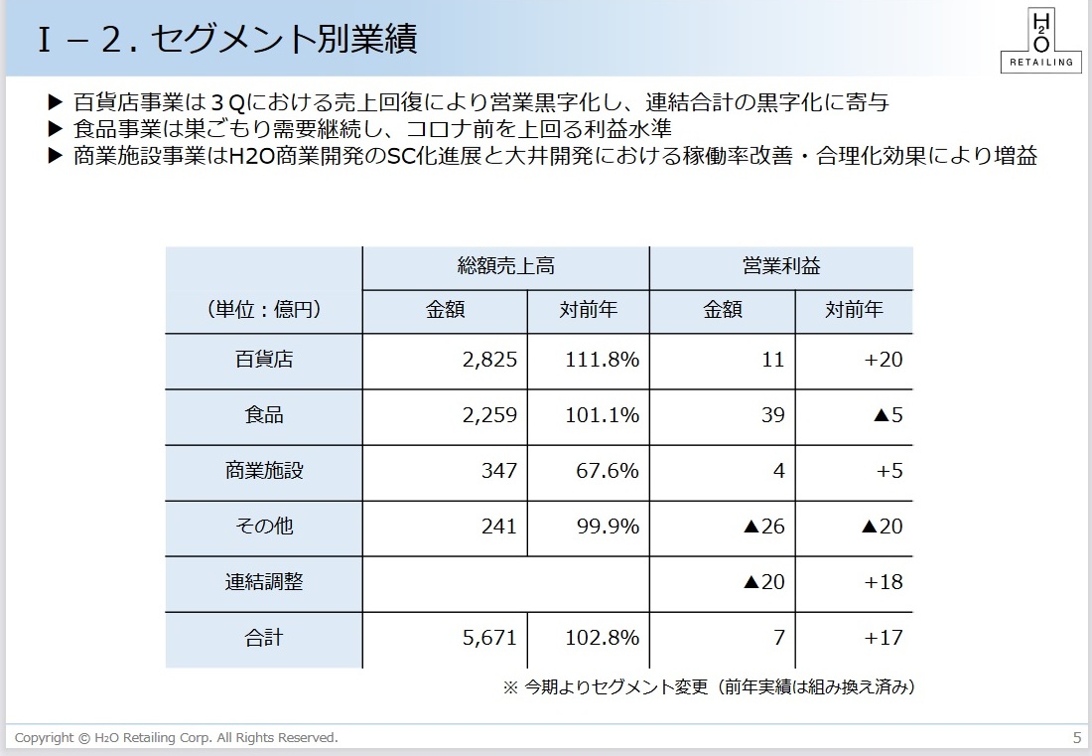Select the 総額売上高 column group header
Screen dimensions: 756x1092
click(x=505, y=266)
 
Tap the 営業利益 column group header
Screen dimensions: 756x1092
click(x=781, y=266)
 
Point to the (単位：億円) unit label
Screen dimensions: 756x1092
click(x=263, y=310)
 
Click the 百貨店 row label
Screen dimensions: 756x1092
click(x=263, y=360)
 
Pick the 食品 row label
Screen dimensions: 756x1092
click(x=263, y=415)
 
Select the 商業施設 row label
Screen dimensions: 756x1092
click(x=263, y=471)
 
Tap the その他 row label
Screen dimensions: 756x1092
click(x=263, y=527)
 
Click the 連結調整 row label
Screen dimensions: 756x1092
click(x=263, y=582)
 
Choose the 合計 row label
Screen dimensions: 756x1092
click(x=263, y=638)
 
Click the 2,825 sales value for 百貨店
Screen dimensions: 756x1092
click(x=489, y=360)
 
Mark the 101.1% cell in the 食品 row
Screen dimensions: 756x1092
click(x=602, y=415)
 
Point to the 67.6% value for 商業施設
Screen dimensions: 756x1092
click(x=608, y=471)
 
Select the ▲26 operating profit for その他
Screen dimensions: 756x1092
click(x=763, y=527)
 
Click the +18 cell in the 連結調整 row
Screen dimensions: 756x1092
click(x=883, y=582)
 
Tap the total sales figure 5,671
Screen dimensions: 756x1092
click(x=489, y=638)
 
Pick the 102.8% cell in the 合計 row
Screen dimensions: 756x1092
click(x=602, y=638)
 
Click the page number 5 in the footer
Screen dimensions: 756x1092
click(x=1077, y=737)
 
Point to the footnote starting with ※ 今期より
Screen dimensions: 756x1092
click(x=709, y=687)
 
